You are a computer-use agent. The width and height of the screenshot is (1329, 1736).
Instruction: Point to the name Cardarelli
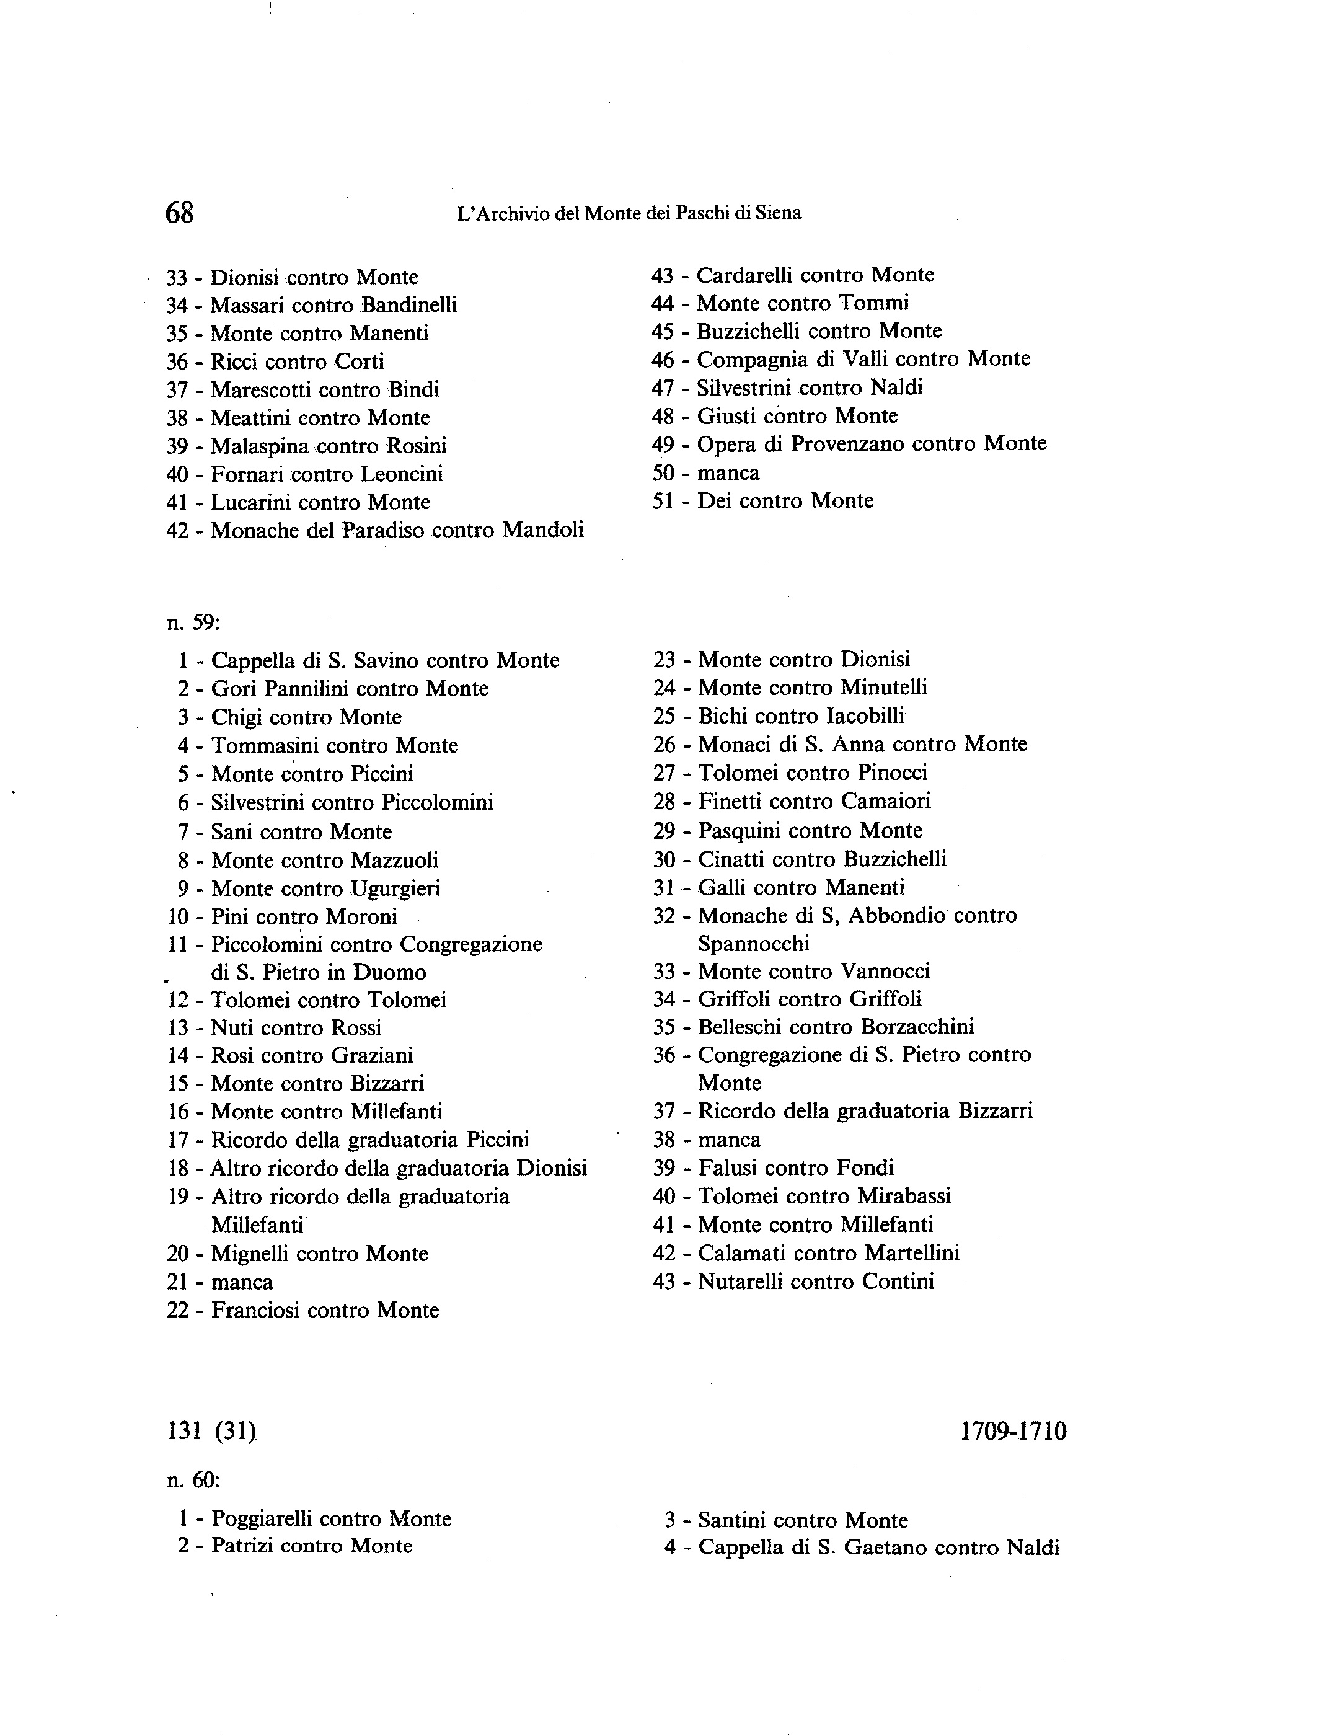pyautogui.click(x=744, y=275)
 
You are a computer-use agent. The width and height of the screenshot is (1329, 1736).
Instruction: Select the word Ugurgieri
pyautogui.click(x=395, y=888)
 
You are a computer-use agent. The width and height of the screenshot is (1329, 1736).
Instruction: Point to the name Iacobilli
pyautogui.click(x=865, y=716)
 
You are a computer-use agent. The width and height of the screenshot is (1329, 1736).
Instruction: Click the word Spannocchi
pyautogui.click(x=753, y=944)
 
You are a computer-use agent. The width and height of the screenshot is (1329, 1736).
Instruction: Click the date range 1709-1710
pyautogui.click(x=1013, y=1432)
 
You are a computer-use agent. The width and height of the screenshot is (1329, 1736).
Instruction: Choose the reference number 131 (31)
pyautogui.click(x=212, y=1432)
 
